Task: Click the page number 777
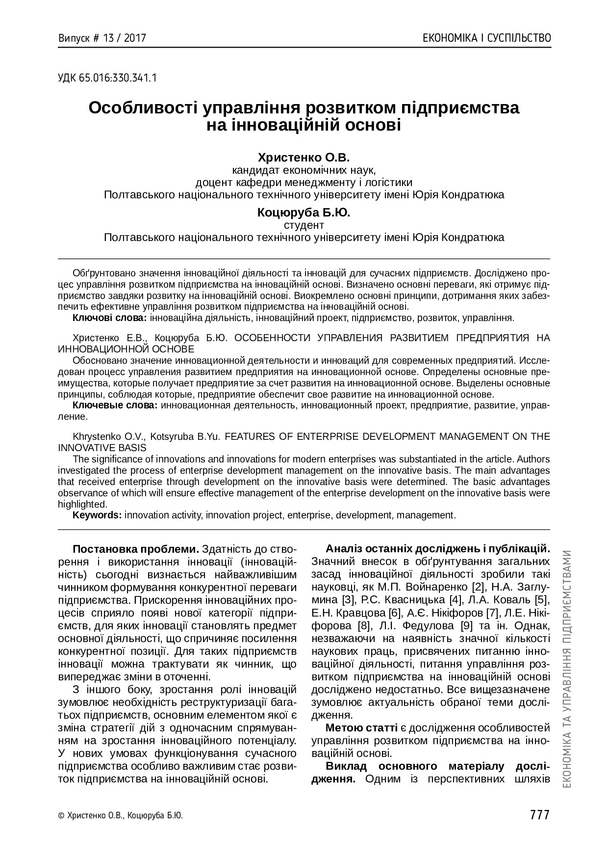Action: point(539,815)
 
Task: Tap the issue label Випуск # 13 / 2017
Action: point(102,38)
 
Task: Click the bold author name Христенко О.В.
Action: point(304,158)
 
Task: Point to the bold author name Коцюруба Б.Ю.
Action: point(304,213)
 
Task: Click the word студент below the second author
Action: point(304,225)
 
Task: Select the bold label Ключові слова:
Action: point(110,318)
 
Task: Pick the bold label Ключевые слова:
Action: point(115,405)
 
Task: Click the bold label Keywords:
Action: point(97,515)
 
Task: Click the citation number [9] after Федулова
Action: point(467,625)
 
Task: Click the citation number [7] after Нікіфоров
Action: point(492,613)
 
